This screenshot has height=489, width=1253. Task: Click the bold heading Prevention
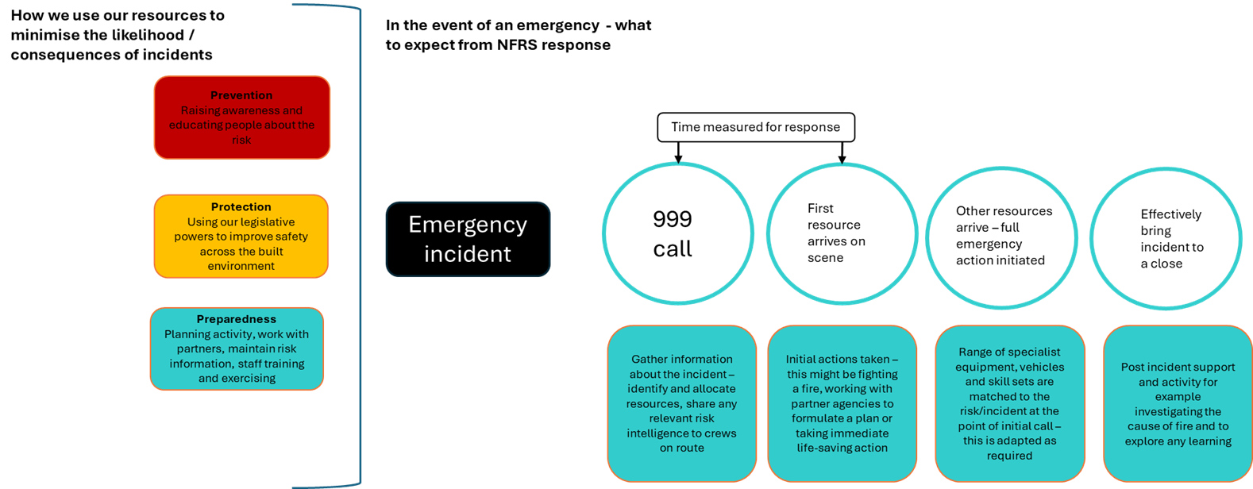[241, 95]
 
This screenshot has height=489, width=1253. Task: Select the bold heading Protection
[241, 207]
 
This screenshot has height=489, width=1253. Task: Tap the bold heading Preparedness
[237, 319]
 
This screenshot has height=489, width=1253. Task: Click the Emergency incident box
[468, 239]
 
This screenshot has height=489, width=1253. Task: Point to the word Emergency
[468, 225]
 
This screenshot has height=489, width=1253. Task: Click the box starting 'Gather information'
[682, 403]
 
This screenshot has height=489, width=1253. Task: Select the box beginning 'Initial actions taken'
[842, 403]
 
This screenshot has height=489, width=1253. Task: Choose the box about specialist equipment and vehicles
[1009, 403]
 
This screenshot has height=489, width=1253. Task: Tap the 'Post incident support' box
[1178, 403]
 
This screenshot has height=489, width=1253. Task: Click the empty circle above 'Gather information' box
[678, 233]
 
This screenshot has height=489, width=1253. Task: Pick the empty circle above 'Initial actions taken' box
[842, 233]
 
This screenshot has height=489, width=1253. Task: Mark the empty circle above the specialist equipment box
[1001, 237]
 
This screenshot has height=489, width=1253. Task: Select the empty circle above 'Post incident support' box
[1166, 237]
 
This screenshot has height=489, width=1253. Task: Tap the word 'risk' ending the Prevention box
[241, 141]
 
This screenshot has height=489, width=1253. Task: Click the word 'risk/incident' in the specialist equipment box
[998, 411]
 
